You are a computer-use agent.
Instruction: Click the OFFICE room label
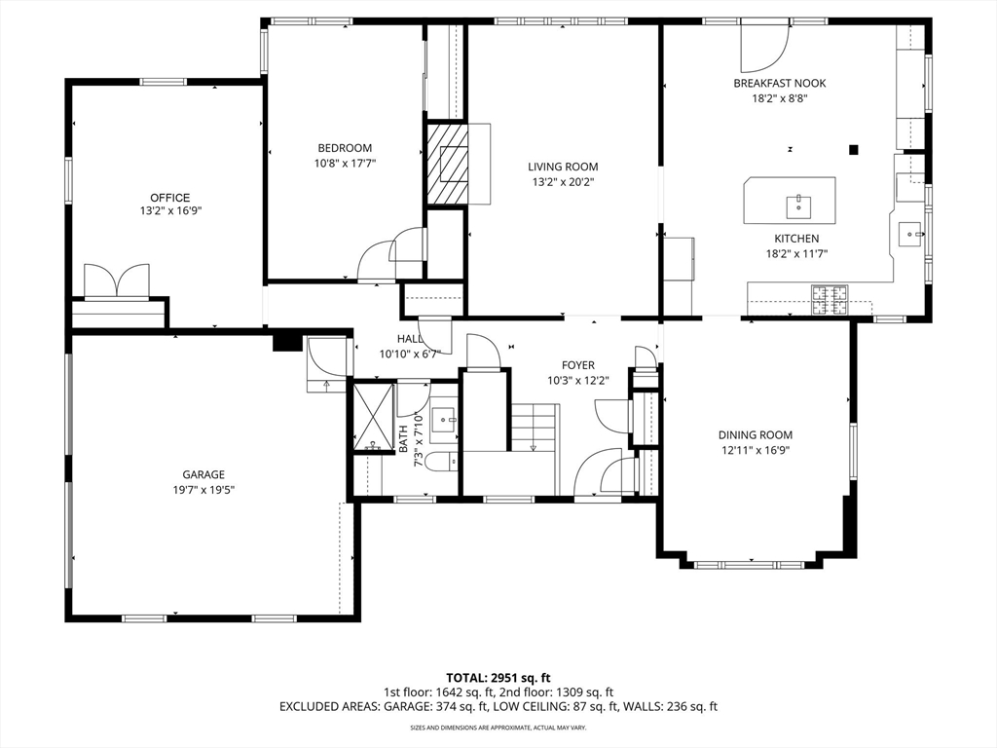pyautogui.click(x=169, y=198)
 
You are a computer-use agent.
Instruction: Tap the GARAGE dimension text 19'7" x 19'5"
pyautogui.click(x=198, y=490)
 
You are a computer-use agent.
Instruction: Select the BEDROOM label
pyautogui.click(x=344, y=148)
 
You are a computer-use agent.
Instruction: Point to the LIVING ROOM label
pyautogui.click(x=563, y=167)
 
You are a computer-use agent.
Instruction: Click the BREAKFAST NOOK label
pyautogui.click(x=779, y=84)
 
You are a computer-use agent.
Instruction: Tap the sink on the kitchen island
pyautogui.click(x=798, y=205)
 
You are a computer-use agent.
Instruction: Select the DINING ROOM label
pyautogui.click(x=755, y=435)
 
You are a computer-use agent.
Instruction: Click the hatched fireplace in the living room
pyautogui.click(x=449, y=163)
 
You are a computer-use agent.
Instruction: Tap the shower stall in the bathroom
pyautogui.click(x=372, y=418)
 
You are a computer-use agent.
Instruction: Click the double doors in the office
pyautogui.click(x=117, y=280)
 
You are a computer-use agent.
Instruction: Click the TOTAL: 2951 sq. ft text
pyautogui.click(x=498, y=677)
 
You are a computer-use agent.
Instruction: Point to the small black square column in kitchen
pyautogui.click(x=854, y=149)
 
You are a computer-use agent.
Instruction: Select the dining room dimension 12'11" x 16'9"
pyautogui.click(x=755, y=450)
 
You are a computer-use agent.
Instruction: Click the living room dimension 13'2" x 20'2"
pyautogui.click(x=563, y=181)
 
